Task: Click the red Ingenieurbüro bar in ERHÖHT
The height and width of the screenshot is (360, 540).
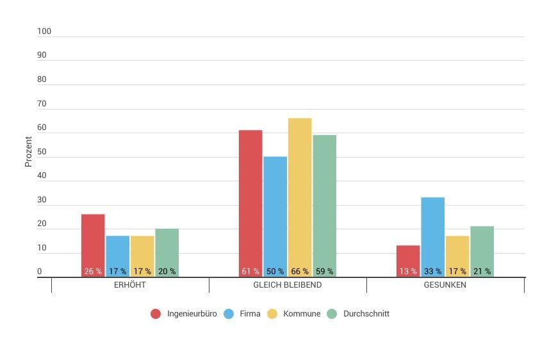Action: [x=93, y=240]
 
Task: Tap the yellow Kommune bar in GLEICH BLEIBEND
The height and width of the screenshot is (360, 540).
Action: [x=300, y=192]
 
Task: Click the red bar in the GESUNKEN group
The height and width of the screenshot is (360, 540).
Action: [x=408, y=256]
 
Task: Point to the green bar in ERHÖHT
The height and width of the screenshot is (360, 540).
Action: [x=167, y=247]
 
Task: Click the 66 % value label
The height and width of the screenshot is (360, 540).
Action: [x=300, y=272]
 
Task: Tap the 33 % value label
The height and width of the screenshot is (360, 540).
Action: [x=432, y=272]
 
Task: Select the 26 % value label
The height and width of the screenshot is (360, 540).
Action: [x=93, y=272]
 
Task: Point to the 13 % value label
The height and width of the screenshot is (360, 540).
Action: [x=408, y=272]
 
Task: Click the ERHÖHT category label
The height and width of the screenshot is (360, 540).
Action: [x=129, y=285]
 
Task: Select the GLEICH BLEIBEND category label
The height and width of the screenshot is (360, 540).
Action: [x=288, y=285]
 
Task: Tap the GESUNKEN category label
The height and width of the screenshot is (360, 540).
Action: [x=445, y=285]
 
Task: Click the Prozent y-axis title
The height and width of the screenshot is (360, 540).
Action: [x=29, y=152]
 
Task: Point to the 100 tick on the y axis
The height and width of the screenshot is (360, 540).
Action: [x=44, y=31]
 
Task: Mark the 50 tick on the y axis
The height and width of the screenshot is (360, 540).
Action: [x=42, y=152]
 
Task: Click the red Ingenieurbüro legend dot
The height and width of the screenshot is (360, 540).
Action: [x=156, y=314]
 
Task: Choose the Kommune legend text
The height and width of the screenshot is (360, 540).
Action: [x=302, y=314]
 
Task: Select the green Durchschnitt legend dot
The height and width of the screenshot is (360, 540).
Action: [x=332, y=314]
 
